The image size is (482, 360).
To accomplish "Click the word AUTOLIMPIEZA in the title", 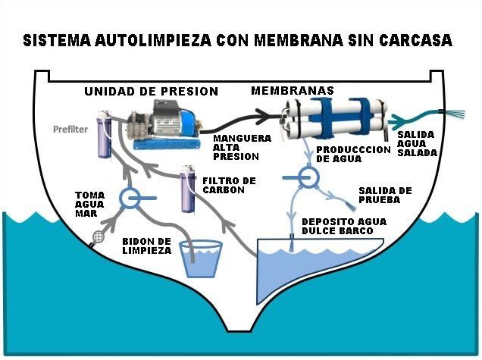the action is point(153,40).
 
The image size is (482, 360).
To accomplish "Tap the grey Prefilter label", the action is point(70,130).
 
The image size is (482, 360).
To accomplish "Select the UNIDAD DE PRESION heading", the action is point(152,92).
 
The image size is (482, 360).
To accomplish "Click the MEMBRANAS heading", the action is point(293,91).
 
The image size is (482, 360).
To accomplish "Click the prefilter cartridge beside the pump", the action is point(104,134).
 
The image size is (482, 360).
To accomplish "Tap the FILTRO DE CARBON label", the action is point(229,186).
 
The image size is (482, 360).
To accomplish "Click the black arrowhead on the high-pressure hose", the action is point(264,117).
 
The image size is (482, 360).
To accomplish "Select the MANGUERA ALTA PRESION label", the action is point(242,148).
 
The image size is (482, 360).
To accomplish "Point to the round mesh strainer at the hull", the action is point(99,236).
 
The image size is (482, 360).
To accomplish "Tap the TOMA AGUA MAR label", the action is point(89,205).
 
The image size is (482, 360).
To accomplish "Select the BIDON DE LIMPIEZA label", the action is point(146,246).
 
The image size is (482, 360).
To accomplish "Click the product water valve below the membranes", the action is point(308,177).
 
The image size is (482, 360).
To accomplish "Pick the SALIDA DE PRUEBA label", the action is point(385,196).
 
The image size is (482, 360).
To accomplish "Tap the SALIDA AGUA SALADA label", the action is point(417,143).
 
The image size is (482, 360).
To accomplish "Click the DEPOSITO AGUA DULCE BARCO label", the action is point(344,227).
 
